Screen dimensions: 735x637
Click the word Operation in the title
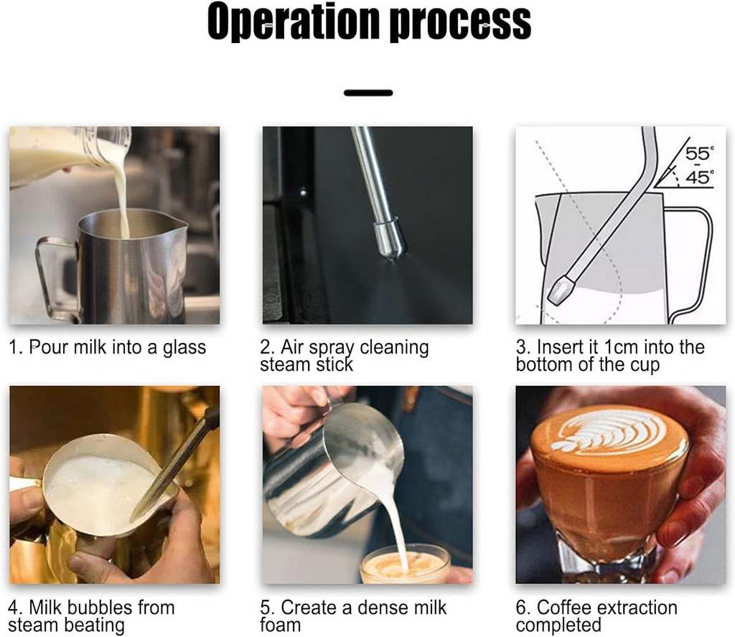click(293, 22)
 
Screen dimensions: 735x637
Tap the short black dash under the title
click(368, 93)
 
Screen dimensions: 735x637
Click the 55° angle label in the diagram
click(699, 154)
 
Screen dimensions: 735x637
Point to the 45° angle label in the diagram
click(699, 177)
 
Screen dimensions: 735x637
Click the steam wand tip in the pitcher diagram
click(561, 288)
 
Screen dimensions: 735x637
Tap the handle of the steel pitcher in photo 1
click(52, 276)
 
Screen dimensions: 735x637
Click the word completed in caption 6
click(558, 626)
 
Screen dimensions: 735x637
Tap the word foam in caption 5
click(281, 625)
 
